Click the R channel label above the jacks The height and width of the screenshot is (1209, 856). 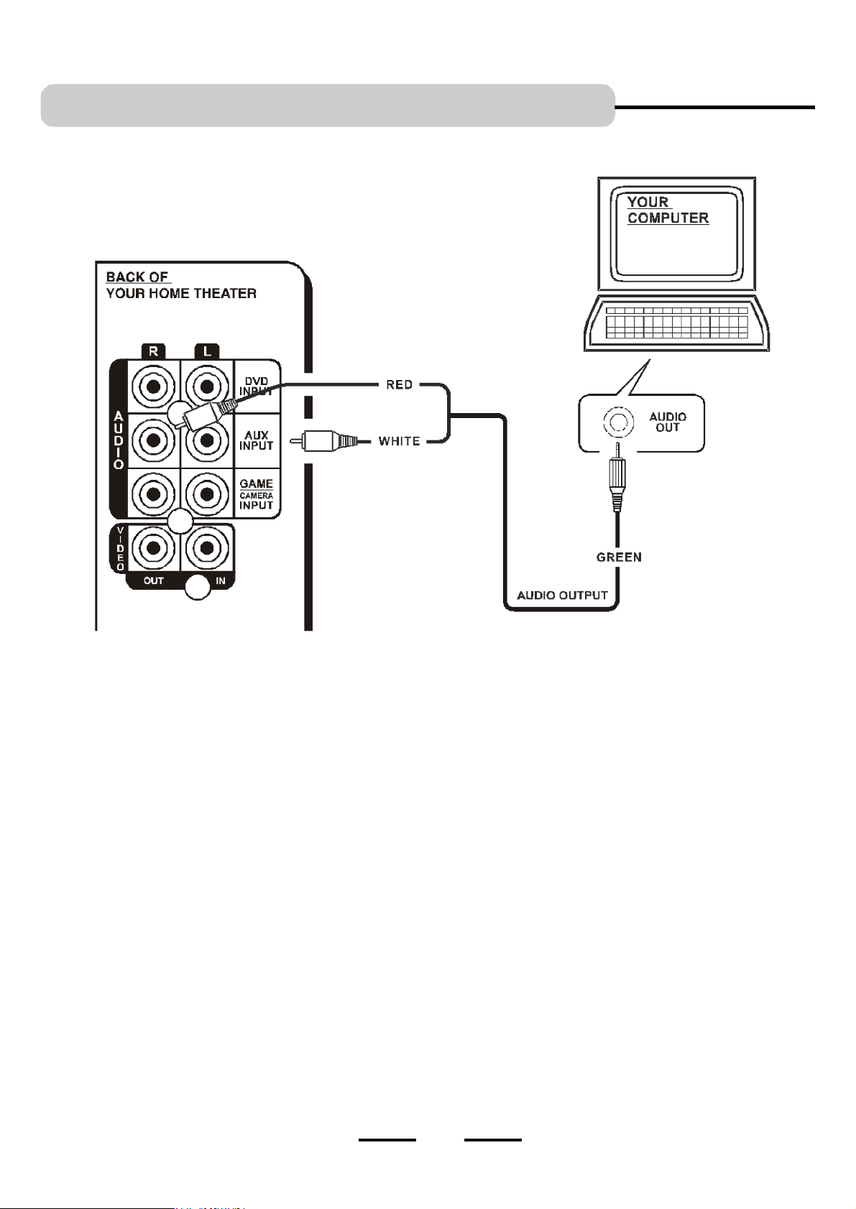[x=153, y=351]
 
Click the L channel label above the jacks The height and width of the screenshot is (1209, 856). [x=207, y=351]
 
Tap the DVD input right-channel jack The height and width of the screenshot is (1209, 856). [x=153, y=386]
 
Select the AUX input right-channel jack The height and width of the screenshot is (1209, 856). [x=153, y=440]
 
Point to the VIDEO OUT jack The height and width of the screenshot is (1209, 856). [x=153, y=548]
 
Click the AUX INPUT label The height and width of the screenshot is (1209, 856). [x=256, y=440]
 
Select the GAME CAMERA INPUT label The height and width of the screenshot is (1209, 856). [x=256, y=494]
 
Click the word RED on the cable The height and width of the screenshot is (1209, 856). [x=399, y=385]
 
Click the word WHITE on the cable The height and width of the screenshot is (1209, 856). [x=399, y=442]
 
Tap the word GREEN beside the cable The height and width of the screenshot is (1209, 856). [x=619, y=557]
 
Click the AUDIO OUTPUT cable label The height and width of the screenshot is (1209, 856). [x=562, y=596]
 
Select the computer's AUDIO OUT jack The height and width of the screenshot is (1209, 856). [x=618, y=422]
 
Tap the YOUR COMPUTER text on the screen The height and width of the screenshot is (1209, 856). [x=668, y=210]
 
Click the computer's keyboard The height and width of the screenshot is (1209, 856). [x=676, y=323]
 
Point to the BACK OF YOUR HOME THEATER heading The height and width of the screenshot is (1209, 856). [x=181, y=285]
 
